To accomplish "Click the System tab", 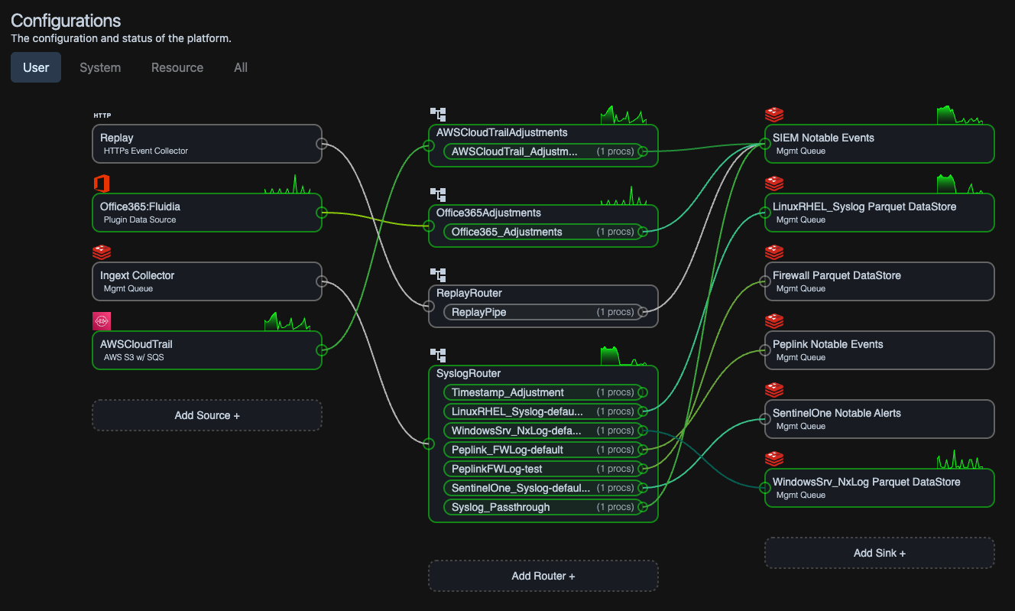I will (x=100, y=67).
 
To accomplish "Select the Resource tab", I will (x=177, y=67).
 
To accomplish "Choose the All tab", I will (x=241, y=67).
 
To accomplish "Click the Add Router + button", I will (x=543, y=576).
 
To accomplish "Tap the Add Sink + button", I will (x=879, y=553).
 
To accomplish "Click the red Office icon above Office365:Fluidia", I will (x=102, y=184).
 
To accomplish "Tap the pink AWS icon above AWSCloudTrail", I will (x=102, y=321).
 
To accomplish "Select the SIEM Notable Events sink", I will (x=879, y=144).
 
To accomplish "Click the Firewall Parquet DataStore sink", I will (x=879, y=281).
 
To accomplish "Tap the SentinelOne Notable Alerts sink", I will (x=879, y=419).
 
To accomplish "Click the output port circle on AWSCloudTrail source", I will (x=322, y=350).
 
